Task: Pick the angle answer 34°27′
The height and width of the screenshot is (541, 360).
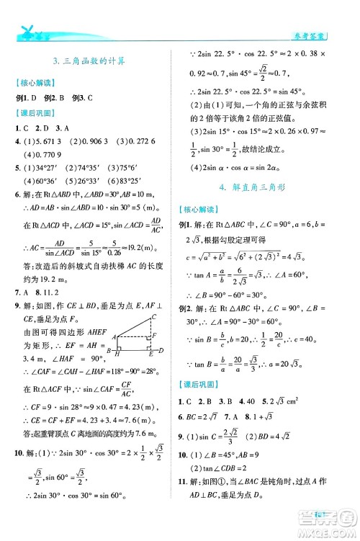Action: pyautogui.click(x=49, y=169)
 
